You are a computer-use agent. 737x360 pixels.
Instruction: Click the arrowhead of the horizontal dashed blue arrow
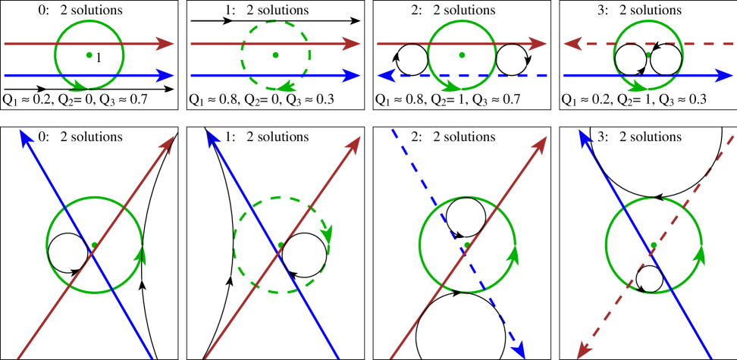pos(387,75)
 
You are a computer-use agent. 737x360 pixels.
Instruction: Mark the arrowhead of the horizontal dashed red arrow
pos(572,45)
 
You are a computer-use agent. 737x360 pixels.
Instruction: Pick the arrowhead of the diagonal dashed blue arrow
pos(519,349)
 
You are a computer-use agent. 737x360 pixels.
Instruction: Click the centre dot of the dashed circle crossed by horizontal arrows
pos(275,55)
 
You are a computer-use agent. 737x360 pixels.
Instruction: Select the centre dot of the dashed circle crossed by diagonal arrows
pos(281,244)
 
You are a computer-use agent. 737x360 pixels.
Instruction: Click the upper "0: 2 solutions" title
pos(81,11)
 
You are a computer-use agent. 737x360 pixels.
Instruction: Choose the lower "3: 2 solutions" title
pos(638,136)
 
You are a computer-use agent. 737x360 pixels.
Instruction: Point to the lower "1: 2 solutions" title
pos(267,136)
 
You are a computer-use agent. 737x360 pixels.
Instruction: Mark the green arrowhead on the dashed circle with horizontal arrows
pos(286,85)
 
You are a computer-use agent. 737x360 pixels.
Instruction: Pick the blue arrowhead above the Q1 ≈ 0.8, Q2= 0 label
pos(350,75)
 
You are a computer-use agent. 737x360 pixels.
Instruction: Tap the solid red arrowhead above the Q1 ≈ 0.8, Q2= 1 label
pos(538,45)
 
